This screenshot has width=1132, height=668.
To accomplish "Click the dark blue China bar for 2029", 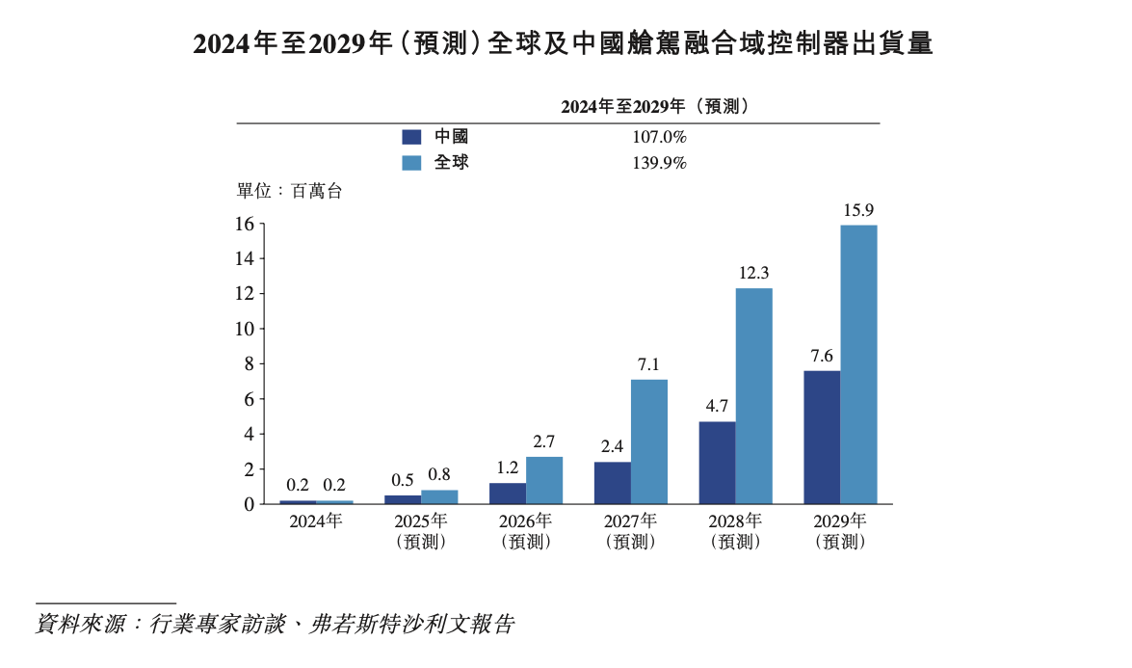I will [x=822, y=438].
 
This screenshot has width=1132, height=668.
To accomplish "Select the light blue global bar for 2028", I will [x=753, y=396].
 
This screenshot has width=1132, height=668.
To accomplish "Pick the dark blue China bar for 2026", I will [x=508, y=493].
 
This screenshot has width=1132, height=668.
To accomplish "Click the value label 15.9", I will [x=857, y=209].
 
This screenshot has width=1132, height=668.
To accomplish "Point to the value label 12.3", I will [x=753, y=273].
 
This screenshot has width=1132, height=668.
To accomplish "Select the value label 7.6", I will [x=821, y=355].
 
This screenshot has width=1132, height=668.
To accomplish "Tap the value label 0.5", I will [x=403, y=480].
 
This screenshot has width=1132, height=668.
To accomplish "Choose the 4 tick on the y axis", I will [x=249, y=434].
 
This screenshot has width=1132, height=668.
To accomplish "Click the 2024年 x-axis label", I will [x=316, y=521].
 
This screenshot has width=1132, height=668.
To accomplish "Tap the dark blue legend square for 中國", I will [x=411, y=138].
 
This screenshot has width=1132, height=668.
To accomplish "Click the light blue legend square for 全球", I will [x=411, y=163].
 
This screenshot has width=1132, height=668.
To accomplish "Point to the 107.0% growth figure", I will [x=659, y=138].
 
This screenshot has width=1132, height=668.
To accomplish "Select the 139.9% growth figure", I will [x=659, y=163].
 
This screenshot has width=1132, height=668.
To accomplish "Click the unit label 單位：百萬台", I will [x=289, y=191].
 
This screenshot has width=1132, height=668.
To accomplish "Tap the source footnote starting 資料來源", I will [x=275, y=625].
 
